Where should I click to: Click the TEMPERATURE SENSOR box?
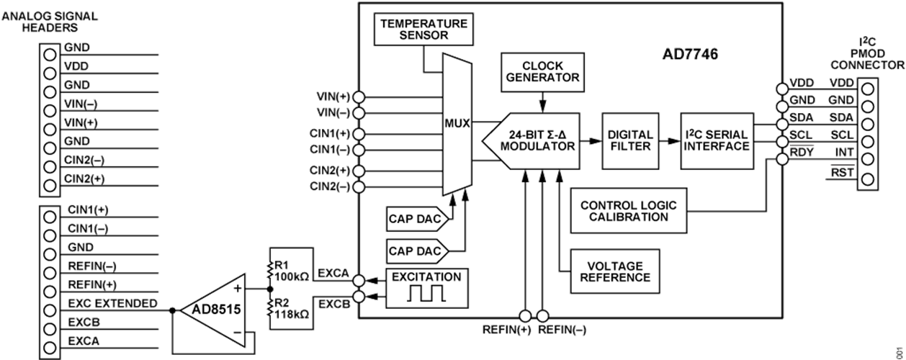(x=423, y=28)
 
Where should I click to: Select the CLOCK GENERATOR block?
(x=540, y=72)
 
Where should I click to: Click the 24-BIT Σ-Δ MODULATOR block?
(x=537, y=140)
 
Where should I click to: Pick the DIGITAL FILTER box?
(x=630, y=140)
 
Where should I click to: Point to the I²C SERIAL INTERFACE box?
(x=716, y=140)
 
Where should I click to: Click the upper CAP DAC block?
(x=416, y=218)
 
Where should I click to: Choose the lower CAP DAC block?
(x=416, y=251)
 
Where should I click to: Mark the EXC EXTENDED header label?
(x=112, y=304)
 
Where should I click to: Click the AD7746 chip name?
(x=689, y=54)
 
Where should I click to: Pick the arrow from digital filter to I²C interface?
(x=669, y=140)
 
